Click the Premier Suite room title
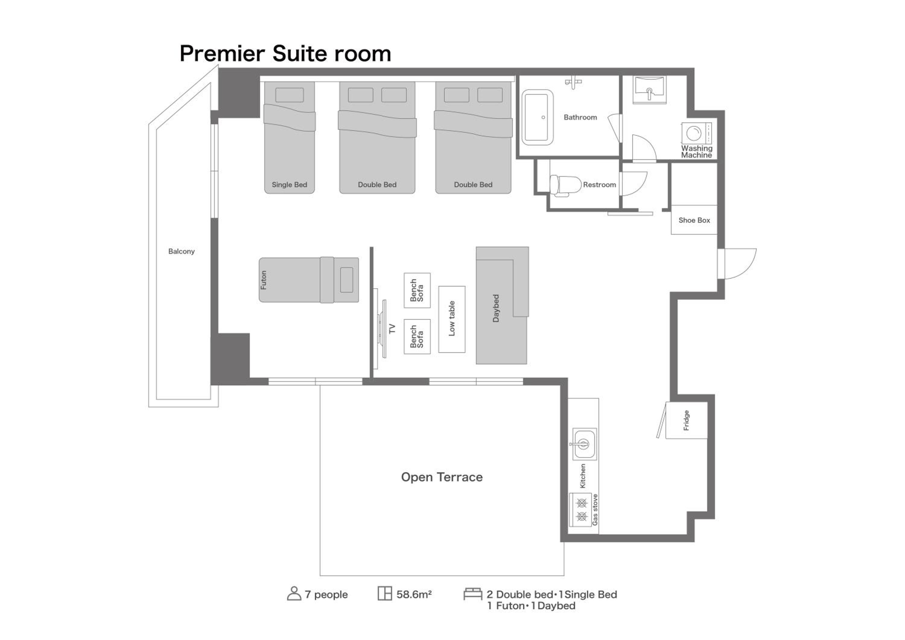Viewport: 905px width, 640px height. point(285,54)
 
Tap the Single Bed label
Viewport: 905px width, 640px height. point(289,185)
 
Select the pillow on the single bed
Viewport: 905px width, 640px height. point(289,95)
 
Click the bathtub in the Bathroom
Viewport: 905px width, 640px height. point(537,117)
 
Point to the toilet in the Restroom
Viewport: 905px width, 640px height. point(566,185)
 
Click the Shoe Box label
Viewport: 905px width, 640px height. point(694,220)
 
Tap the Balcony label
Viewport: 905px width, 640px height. point(181,252)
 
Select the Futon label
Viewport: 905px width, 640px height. point(264,280)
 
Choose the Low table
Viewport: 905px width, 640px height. point(452,319)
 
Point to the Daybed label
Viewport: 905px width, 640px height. point(496,308)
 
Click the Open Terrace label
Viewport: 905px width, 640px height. point(442,477)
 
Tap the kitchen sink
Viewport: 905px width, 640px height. point(584,444)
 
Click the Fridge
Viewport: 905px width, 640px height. point(686,420)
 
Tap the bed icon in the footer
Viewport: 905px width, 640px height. point(473,594)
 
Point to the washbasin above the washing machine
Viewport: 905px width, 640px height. point(649,90)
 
